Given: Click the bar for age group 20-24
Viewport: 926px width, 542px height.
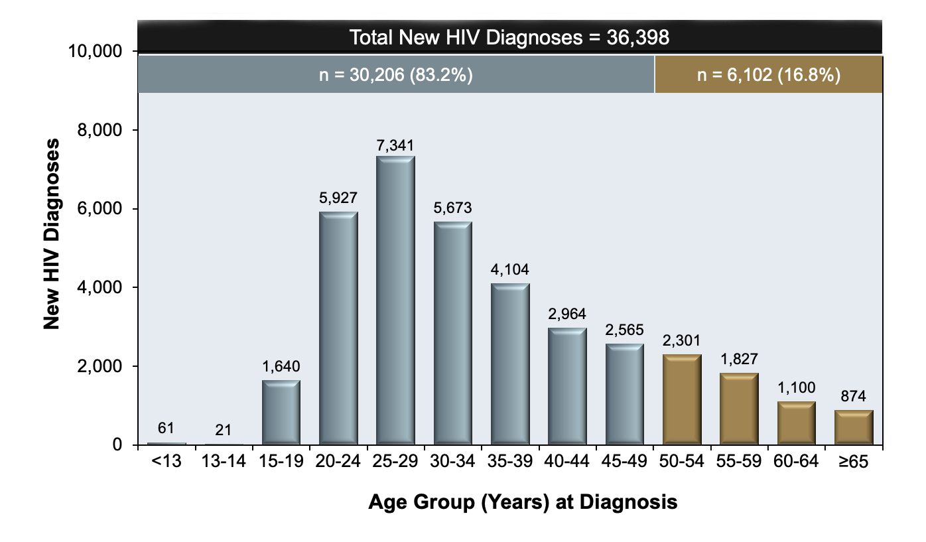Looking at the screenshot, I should click(x=338, y=328).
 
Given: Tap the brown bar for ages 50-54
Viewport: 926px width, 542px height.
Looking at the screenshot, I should click(x=682, y=399).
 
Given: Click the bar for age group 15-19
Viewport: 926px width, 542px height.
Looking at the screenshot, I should click(x=281, y=412).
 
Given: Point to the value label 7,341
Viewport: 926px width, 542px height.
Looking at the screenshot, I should click(x=395, y=145).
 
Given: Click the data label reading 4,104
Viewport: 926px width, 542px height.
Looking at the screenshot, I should click(x=510, y=270).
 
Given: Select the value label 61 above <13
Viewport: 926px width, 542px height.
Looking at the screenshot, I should click(x=166, y=428).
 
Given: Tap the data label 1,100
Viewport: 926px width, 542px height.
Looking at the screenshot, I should click(x=797, y=387).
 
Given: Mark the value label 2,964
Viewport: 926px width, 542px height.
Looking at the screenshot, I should click(x=567, y=314).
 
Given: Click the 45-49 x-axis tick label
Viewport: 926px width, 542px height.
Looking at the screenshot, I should click(x=624, y=463).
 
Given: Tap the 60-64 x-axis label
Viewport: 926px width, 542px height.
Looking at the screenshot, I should click(x=797, y=463).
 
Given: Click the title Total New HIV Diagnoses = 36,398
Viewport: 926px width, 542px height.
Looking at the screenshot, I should click(x=509, y=37).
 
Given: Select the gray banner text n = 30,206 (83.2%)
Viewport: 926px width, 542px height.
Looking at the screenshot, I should click(x=395, y=75).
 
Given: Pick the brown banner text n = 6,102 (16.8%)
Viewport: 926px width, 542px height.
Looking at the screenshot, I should click(x=769, y=75).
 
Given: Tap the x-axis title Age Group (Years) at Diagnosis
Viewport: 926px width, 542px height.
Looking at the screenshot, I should click(x=523, y=502).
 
